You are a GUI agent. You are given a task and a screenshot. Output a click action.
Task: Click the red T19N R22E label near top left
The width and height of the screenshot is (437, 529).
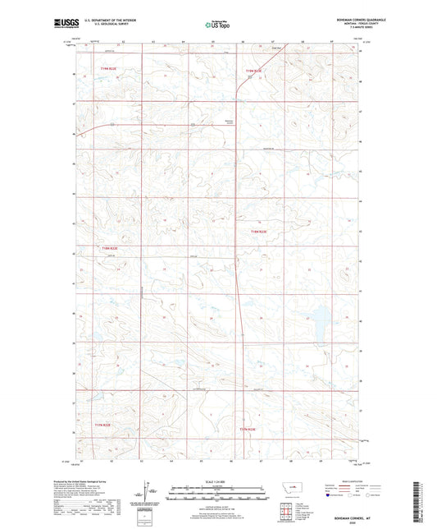coord(109,69)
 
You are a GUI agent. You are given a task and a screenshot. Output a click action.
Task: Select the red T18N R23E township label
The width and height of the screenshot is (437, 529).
coord(259,232)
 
